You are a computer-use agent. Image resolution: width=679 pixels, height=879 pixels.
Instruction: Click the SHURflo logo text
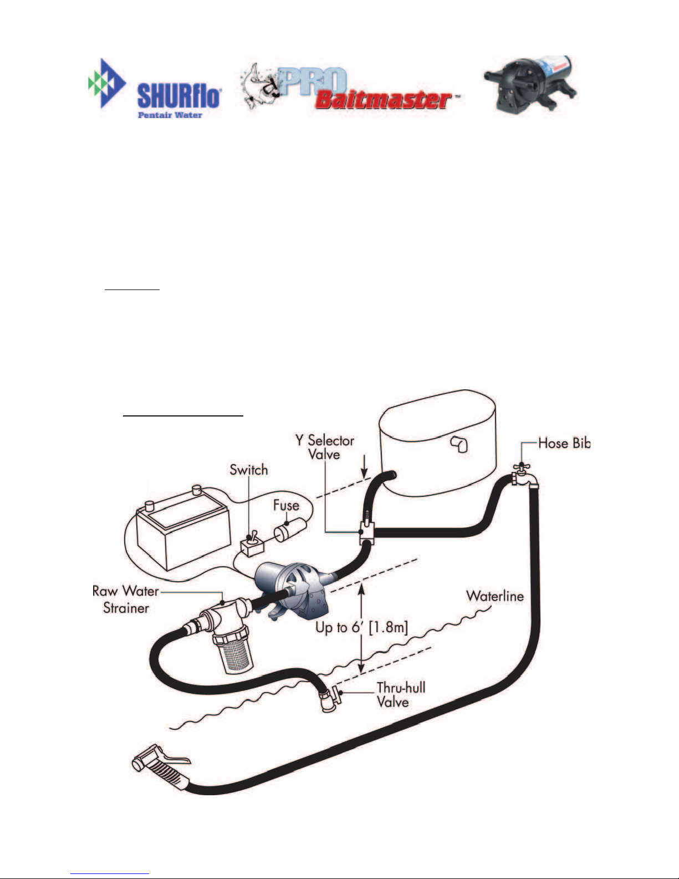(x=179, y=96)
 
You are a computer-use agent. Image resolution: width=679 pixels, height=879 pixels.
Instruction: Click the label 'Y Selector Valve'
(x=325, y=447)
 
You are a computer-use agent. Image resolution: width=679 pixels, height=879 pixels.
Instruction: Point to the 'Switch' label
(x=248, y=470)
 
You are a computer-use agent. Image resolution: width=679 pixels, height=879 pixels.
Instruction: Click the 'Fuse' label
(x=286, y=505)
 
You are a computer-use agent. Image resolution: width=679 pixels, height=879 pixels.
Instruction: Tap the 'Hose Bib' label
(x=564, y=443)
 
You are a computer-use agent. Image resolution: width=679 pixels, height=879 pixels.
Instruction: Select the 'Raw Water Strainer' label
(x=126, y=599)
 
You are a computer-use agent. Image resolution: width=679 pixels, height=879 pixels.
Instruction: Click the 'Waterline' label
(x=494, y=596)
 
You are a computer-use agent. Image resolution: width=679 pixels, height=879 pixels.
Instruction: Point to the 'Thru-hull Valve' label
(x=401, y=694)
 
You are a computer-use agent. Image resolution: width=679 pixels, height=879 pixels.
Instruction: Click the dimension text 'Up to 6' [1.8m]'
(x=361, y=627)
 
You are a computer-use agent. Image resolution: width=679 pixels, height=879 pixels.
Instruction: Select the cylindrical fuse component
(x=290, y=530)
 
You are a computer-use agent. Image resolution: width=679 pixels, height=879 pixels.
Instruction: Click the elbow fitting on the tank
(x=460, y=444)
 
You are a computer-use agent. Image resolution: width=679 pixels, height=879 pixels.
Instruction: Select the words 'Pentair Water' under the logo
(x=170, y=115)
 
